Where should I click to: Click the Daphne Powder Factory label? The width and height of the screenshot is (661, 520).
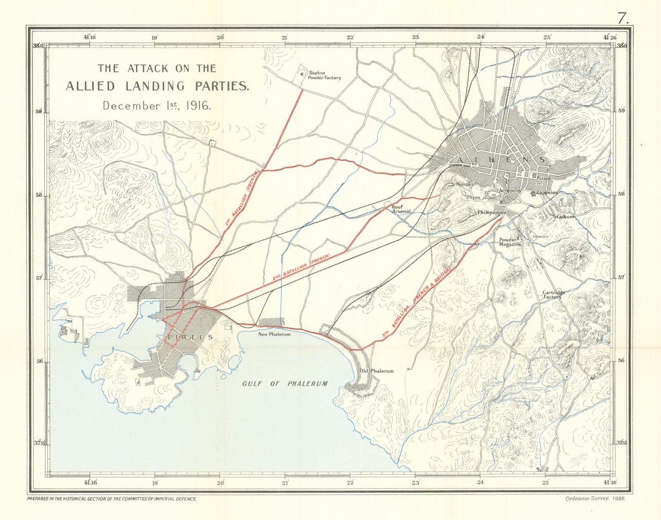325,75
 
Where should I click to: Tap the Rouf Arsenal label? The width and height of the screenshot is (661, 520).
401,208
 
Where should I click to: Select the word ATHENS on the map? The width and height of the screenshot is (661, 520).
501,160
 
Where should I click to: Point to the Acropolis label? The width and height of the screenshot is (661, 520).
509,191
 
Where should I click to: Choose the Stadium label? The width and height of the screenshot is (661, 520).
564,217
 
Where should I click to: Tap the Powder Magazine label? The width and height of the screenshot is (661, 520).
510,242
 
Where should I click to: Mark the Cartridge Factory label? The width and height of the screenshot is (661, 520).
553,295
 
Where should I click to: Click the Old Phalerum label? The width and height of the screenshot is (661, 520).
376,371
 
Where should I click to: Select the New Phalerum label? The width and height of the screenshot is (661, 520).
274,334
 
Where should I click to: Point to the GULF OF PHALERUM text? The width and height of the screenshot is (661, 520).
285,384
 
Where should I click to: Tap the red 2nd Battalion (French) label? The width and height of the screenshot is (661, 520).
301,268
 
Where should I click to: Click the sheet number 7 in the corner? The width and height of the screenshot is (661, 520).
623,18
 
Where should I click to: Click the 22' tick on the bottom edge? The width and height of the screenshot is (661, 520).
350,482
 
